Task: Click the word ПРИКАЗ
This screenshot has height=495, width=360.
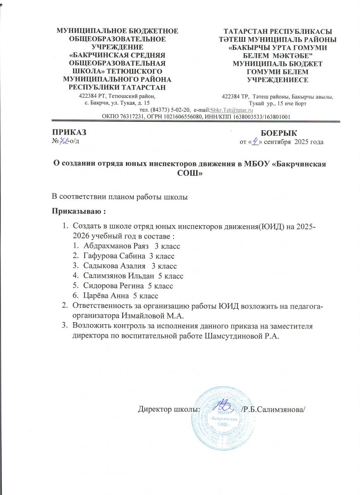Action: [69, 132]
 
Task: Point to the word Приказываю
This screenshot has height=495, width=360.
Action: [76, 212]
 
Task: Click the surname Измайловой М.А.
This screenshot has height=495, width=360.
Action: [136, 316]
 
